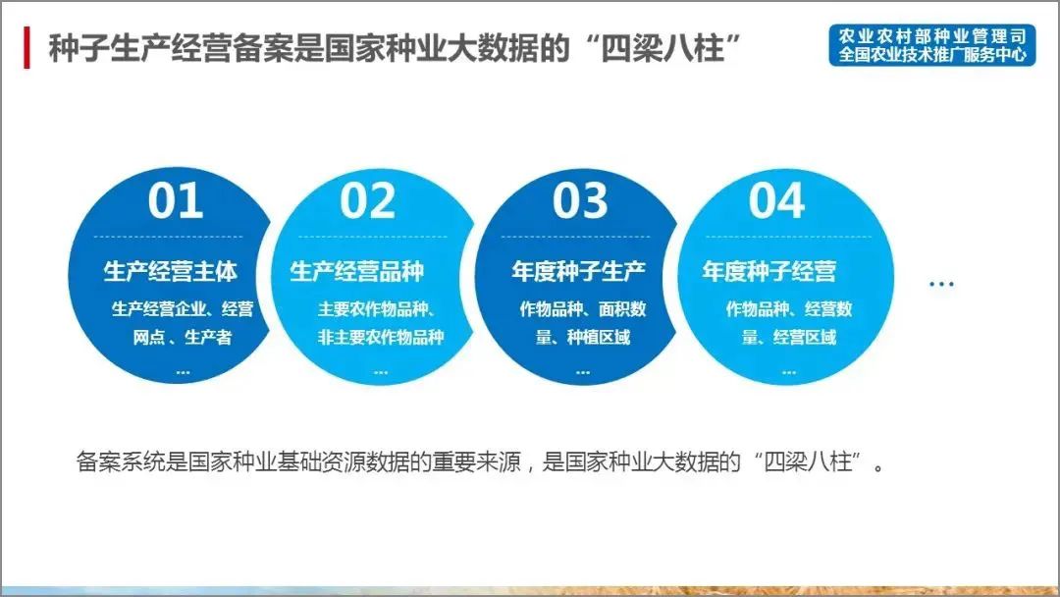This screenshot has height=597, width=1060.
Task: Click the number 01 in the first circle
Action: (x=176, y=200)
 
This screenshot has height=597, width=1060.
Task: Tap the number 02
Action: (x=368, y=200)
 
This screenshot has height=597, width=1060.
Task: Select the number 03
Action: (x=580, y=200)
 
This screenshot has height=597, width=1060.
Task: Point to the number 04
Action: (x=776, y=200)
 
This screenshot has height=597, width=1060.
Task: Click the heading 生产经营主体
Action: (x=170, y=271)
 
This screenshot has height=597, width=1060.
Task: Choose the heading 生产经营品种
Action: (x=357, y=271)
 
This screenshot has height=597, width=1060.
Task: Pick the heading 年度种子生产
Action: (x=579, y=271)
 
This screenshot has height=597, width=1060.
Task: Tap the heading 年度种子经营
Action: (x=769, y=271)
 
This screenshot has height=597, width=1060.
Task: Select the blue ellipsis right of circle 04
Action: (x=941, y=285)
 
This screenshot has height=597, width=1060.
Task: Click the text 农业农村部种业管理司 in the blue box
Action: (x=931, y=35)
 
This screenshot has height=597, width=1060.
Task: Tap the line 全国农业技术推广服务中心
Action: (x=931, y=55)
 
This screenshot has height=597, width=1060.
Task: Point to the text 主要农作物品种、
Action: (x=377, y=309)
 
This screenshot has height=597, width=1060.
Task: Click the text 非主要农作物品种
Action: (x=380, y=338)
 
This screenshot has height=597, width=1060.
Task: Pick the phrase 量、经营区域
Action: (x=789, y=338)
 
